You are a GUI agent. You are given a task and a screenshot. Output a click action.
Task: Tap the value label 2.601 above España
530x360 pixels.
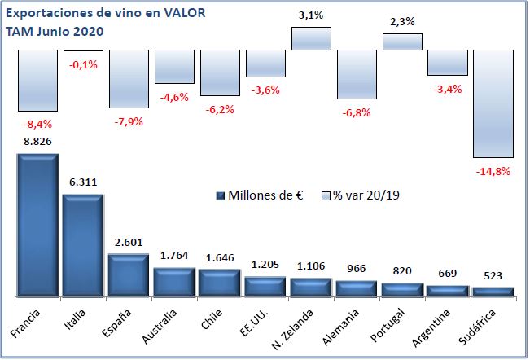click(x=129, y=243)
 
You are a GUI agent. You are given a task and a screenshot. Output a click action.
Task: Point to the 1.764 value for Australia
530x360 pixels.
click(x=174, y=257)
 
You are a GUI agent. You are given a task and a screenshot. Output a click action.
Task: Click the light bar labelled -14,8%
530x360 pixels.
click(x=493, y=103)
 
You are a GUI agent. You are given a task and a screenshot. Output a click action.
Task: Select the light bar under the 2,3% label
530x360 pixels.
click(x=402, y=42)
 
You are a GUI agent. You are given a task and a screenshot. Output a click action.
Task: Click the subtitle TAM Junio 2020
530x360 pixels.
click(x=55, y=31)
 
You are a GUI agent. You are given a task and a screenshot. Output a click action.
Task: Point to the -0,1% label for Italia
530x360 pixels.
click(x=83, y=64)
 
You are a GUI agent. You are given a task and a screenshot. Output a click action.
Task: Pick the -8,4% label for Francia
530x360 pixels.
click(x=37, y=124)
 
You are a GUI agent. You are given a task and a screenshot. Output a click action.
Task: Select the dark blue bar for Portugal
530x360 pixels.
click(x=402, y=289)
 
